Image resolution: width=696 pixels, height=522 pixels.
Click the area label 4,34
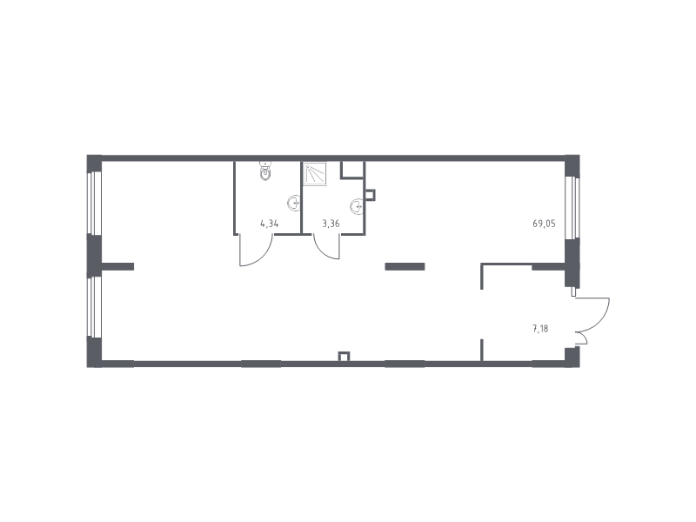pos(270,224)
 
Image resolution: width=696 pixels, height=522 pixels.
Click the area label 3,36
pos(331,224)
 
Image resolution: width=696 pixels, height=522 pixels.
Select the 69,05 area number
pos(545,224)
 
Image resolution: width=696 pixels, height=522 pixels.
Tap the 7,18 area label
pos(540,329)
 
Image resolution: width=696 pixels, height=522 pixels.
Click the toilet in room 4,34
pos(265,171)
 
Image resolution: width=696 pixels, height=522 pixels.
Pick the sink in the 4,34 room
pos(293,204)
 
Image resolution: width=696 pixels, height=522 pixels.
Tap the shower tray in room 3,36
pos(316,173)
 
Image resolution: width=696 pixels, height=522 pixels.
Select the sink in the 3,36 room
pos(357,206)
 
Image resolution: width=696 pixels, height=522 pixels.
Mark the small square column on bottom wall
pos(344,357)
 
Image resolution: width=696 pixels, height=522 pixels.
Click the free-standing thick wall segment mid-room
pos(405,266)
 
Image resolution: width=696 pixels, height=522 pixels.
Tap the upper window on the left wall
pos(94,203)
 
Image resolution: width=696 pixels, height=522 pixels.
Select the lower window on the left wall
pos(94,307)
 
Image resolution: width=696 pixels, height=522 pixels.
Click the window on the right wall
pos(572,208)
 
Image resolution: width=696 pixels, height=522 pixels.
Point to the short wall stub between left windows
pos(117,266)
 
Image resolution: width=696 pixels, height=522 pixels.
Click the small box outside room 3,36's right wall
pos(370,195)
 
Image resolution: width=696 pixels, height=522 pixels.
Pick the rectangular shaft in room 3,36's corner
pos(352,170)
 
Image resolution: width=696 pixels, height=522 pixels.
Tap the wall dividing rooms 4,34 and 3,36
pos(301,197)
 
